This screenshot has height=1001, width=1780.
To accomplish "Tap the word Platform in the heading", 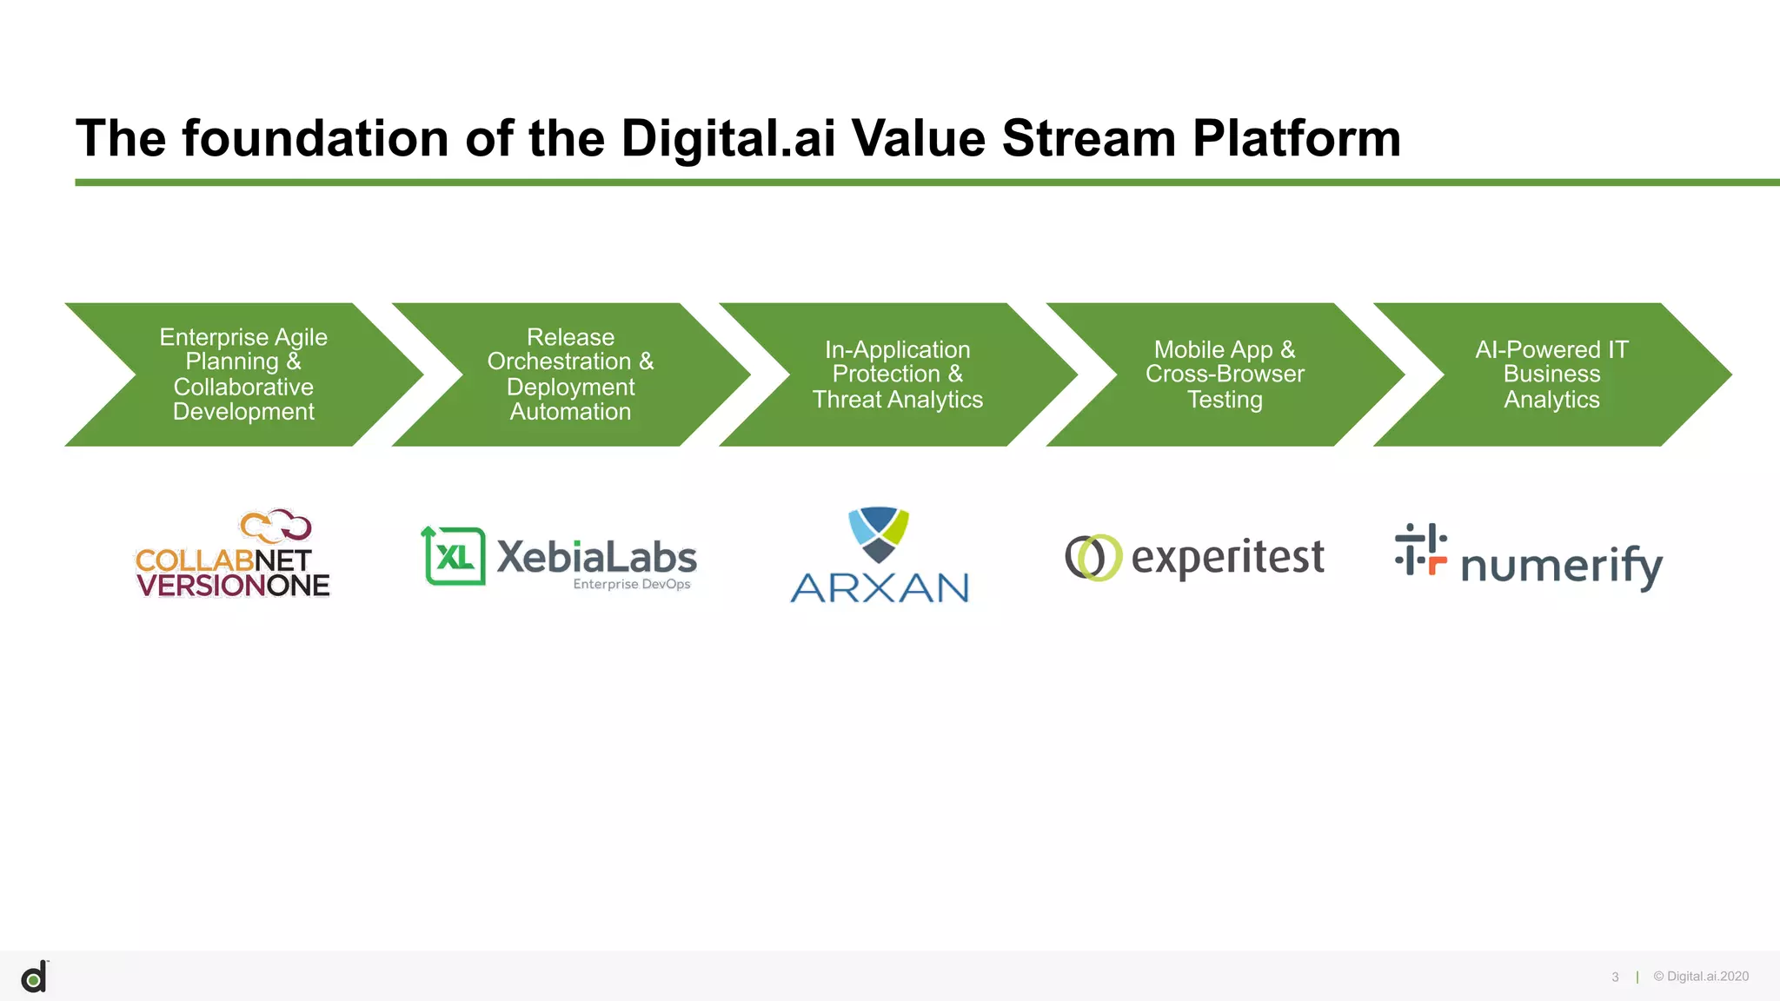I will (1296, 138).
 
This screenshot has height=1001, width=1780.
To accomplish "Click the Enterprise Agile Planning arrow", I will (243, 375).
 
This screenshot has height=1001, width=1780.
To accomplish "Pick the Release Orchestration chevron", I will (570, 375).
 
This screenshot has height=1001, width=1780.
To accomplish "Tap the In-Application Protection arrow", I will (897, 375).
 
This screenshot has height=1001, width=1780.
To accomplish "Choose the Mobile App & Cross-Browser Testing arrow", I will (1224, 375).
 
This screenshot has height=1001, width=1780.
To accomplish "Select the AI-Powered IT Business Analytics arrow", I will (1551, 375).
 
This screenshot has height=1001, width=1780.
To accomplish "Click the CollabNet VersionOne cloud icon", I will (276, 525).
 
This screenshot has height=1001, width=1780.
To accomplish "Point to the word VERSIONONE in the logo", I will (233, 586).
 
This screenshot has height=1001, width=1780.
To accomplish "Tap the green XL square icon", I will (454, 556).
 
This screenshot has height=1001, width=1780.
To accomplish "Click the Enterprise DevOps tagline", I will (632, 584).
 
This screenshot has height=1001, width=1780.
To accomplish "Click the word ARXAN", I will (880, 588).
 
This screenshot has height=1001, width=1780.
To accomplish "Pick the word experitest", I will (1227, 557).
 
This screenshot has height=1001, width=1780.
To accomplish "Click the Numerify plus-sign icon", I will (1420, 549).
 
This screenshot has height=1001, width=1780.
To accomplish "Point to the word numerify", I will (1562, 566).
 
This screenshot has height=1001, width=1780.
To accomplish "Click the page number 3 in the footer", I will (1615, 977).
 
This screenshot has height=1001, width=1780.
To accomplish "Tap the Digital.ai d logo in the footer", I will (34, 978).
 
